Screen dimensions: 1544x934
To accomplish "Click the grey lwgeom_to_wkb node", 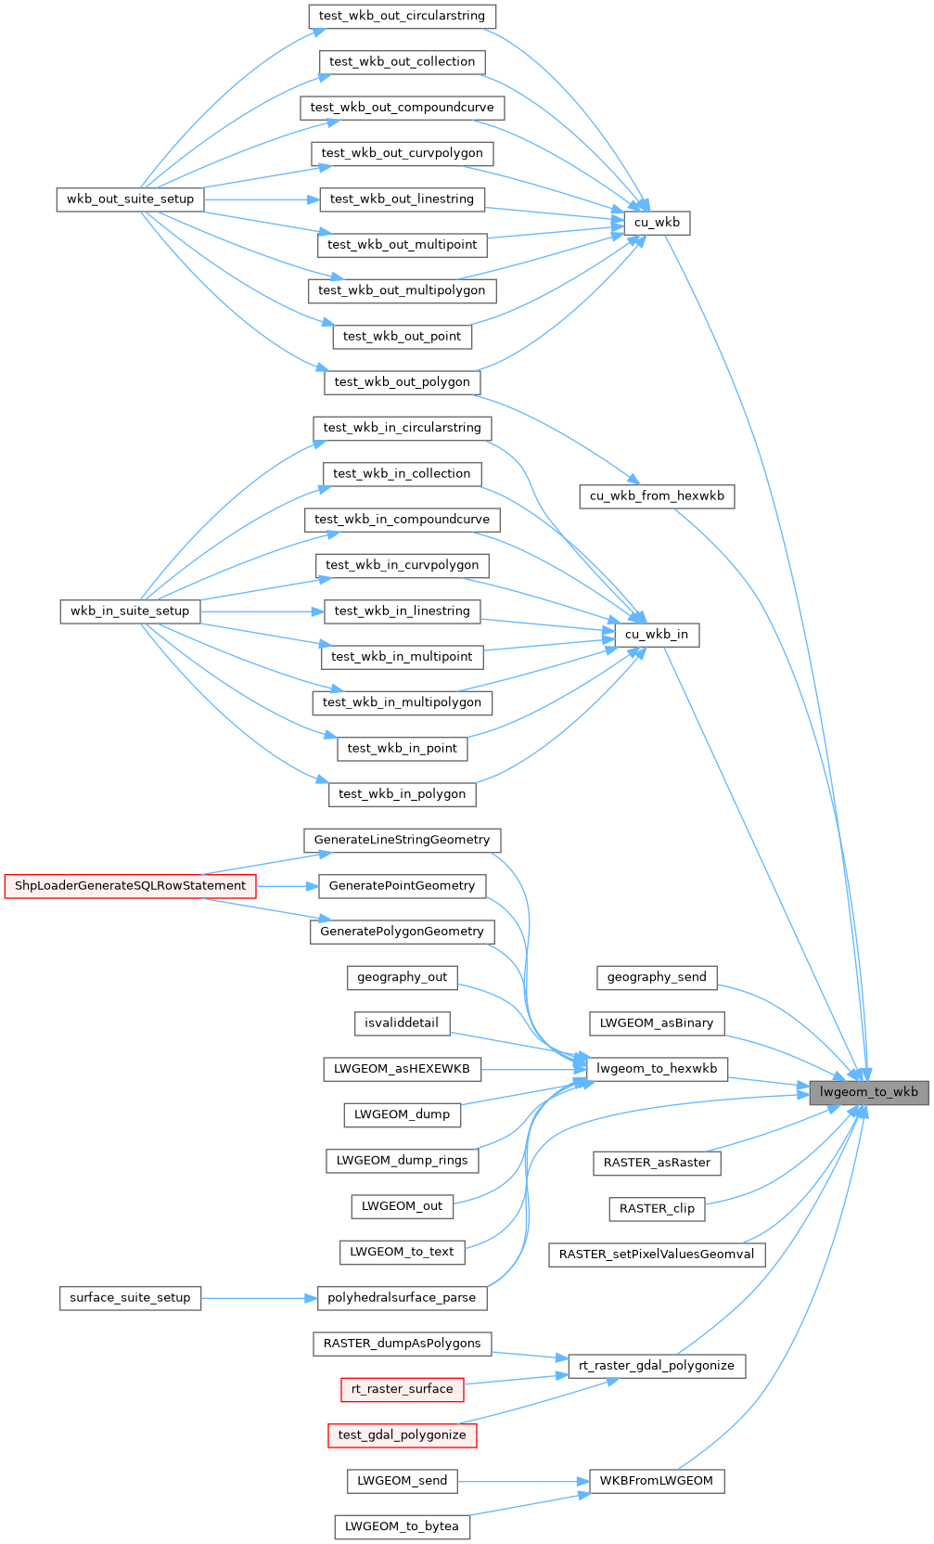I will click(868, 1092).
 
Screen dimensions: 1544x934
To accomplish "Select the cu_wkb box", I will click(657, 223).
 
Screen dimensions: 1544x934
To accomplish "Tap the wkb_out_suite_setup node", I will click(130, 199).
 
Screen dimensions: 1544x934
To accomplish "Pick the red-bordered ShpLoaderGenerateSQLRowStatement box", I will click(130, 886).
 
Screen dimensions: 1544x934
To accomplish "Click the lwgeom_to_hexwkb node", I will click(657, 1069).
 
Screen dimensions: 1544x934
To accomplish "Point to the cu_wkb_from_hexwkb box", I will click(657, 496).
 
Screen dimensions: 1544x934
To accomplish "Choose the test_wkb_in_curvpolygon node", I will click(402, 565).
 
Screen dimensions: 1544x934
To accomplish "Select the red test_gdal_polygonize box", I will click(402, 1435).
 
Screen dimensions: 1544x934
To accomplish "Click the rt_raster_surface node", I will click(402, 1389).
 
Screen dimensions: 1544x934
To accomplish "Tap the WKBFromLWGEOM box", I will click(657, 1481).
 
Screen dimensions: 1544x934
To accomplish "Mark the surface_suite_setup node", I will click(130, 1298).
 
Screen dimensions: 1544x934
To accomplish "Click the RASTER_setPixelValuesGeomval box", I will click(657, 1254).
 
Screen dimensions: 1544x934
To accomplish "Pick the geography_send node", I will click(657, 977).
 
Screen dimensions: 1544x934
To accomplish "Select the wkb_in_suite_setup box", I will click(130, 611).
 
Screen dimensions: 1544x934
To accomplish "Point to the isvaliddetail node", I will click(402, 1023).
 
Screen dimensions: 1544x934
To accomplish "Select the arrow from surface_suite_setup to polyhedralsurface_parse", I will click(259, 1298).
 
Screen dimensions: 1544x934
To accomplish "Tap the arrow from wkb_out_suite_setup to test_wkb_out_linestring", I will click(261, 199).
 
